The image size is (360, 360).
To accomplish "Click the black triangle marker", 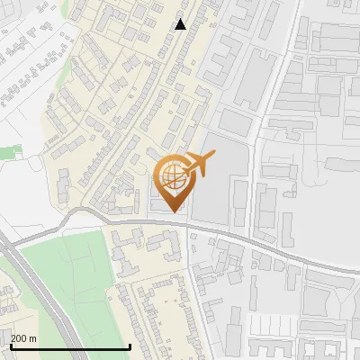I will (181, 24).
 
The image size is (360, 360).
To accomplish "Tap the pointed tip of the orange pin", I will (173, 212).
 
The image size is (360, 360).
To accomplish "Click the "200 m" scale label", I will (24, 338).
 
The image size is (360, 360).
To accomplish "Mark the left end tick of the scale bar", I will (10, 346).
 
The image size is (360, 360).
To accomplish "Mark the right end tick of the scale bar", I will (130, 346).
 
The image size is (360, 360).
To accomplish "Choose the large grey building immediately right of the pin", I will (216, 189).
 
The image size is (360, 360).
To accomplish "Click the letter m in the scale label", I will (33, 338).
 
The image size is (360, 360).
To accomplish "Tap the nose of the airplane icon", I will (215, 157).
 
